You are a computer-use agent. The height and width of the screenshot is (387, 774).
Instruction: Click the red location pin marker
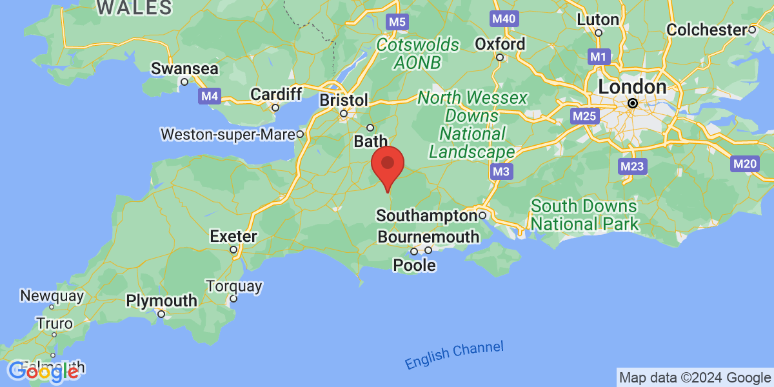click(388, 165)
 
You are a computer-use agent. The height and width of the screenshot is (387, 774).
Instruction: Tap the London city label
click(632, 87)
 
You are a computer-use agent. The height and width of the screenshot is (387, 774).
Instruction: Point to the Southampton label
click(426, 215)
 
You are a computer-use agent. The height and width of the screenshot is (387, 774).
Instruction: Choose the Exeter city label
click(233, 237)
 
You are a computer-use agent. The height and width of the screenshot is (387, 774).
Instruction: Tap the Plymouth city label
click(161, 301)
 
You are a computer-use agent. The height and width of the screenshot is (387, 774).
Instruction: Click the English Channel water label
click(454, 355)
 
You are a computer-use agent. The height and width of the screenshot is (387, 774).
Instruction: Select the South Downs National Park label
click(584, 215)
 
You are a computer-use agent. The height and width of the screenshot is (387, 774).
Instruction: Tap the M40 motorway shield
click(503, 19)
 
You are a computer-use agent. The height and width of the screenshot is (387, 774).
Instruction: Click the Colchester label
click(706, 30)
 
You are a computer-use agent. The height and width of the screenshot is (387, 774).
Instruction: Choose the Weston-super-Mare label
click(228, 135)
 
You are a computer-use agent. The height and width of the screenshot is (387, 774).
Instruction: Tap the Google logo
click(44, 371)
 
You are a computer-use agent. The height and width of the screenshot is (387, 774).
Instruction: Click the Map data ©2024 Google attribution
click(694, 377)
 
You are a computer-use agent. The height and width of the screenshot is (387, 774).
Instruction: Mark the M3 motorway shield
click(501, 172)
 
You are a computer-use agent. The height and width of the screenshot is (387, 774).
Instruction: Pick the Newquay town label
click(52, 296)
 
